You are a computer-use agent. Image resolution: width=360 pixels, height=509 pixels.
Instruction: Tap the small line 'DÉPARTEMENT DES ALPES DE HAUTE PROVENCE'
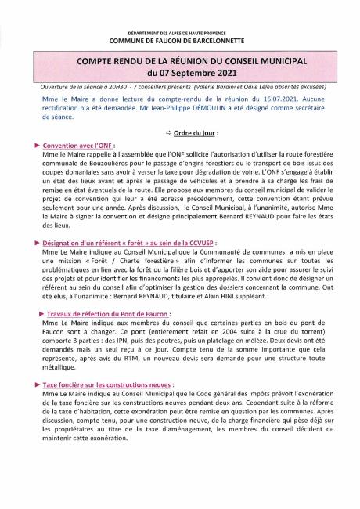[180, 28]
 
